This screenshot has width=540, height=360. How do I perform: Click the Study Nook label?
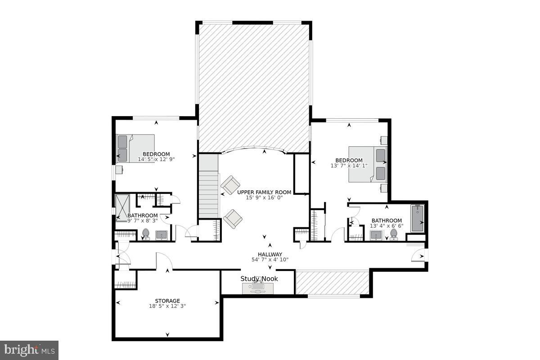coord(259,279)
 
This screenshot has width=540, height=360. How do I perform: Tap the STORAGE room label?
coord(167,301)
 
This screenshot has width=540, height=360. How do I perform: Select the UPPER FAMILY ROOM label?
coord(264,192)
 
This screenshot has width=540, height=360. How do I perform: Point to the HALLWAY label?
coord(270,254)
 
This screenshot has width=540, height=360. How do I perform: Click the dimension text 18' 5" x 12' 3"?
coord(167,306)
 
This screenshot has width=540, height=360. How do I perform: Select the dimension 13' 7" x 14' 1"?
coord(349,166)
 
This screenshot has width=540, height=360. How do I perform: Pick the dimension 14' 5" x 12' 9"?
coord(156,159)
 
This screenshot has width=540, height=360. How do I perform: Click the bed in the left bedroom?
coord(135,148)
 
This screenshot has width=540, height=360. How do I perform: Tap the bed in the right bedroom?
coord(368,164)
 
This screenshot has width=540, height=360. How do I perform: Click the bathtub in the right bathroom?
coord(417,218)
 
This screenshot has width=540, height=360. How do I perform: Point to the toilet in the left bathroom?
coord(145,234)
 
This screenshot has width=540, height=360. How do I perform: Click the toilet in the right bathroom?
coord(394,234)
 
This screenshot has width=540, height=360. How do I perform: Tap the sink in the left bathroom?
coord(162,234)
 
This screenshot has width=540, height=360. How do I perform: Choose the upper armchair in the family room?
coord(230,184)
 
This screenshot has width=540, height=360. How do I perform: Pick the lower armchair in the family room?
coord(233,219)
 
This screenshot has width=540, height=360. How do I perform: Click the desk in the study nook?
coord(258,288)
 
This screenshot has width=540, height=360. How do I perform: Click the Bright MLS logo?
coord(29,350)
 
